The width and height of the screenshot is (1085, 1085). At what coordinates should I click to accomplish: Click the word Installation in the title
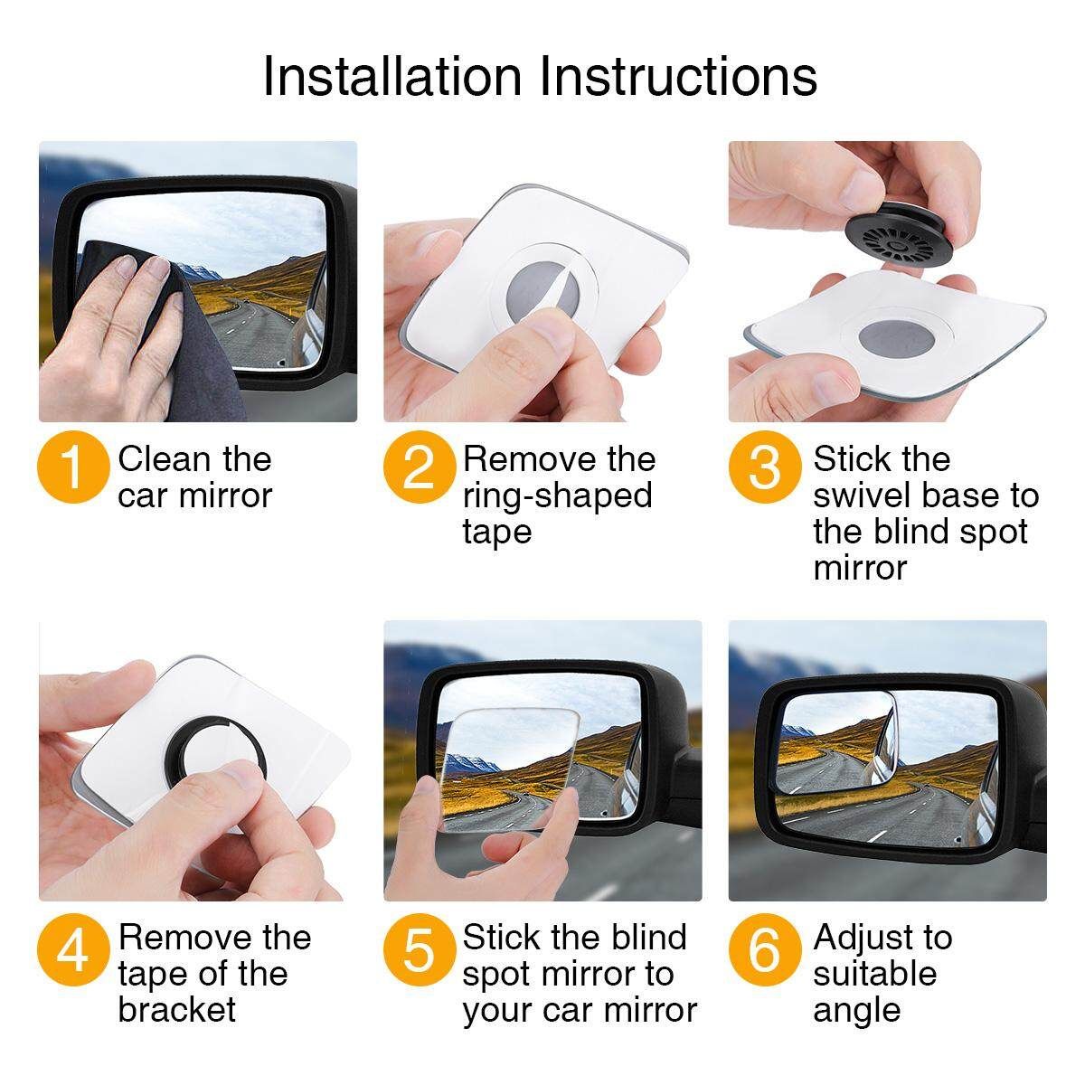[392, 77]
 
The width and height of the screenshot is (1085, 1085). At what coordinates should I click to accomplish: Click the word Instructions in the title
[678, 77]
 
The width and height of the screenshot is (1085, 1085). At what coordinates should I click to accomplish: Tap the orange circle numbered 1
[73, 467]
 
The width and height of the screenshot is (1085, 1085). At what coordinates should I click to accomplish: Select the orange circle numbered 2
[419, 467]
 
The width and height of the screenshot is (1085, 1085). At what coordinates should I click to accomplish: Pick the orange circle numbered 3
[765, 467]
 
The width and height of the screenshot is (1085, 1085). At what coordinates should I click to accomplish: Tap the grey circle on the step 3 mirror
[897, 338]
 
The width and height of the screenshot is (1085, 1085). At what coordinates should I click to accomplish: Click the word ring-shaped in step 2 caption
[557, 497]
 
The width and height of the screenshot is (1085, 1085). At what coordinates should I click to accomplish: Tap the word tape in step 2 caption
[497, 532]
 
